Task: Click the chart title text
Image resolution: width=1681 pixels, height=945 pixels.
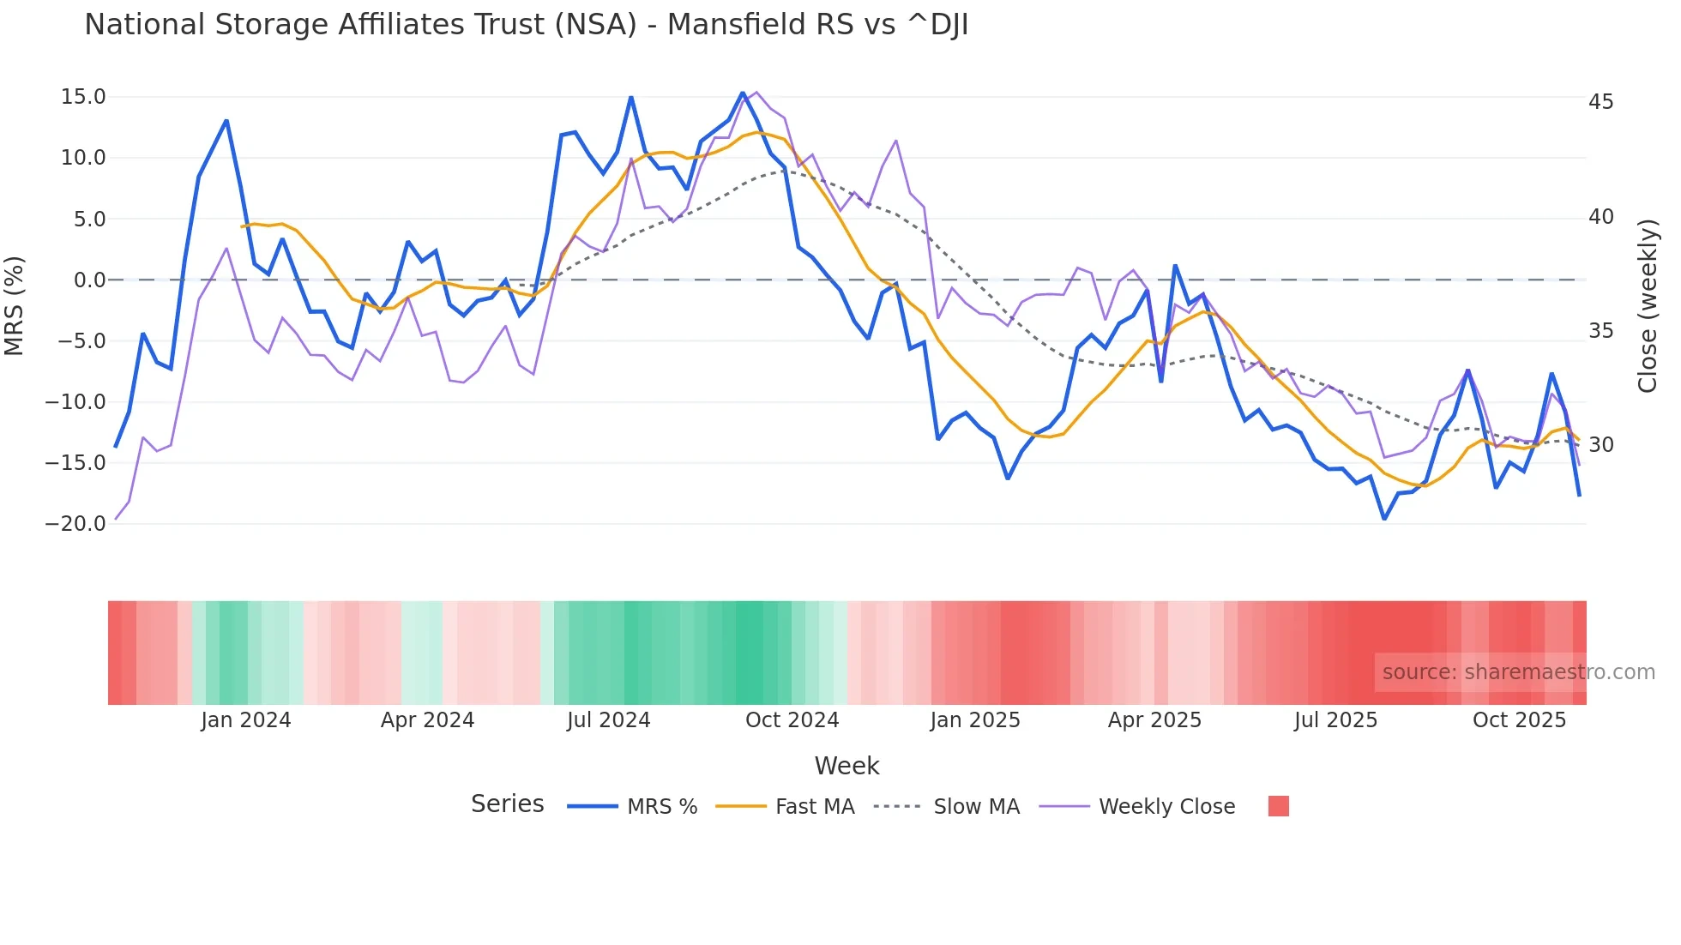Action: pos(526,25)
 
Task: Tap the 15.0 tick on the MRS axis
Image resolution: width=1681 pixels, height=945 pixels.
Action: pos(82,97)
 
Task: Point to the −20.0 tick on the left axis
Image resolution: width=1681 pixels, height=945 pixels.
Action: pos(75,524)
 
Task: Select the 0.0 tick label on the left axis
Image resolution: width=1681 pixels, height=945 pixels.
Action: pos(89,280)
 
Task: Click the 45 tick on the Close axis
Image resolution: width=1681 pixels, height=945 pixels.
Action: pos(1600,102)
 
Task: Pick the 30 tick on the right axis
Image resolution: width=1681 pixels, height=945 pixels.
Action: pos(1600,445)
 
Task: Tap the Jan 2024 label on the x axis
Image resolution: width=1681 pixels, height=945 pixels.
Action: pos(245,720)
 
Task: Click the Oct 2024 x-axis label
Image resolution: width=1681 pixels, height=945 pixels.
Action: pos(792,720)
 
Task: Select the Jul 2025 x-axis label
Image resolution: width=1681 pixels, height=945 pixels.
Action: pos(1335,720)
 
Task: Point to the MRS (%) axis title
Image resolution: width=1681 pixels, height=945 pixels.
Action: pos(15,305)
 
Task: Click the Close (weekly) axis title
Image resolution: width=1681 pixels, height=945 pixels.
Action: pos(1648,306)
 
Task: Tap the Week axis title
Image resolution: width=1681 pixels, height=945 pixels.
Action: pos(847,766)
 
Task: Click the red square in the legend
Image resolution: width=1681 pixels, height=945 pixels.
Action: pos(1278,806)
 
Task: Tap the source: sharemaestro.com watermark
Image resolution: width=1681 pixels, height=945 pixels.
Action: pos(1518,672)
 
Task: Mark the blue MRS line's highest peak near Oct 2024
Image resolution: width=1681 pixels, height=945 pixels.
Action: pos(743,93)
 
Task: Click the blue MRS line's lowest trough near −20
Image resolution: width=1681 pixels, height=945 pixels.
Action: pos(1384,519)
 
